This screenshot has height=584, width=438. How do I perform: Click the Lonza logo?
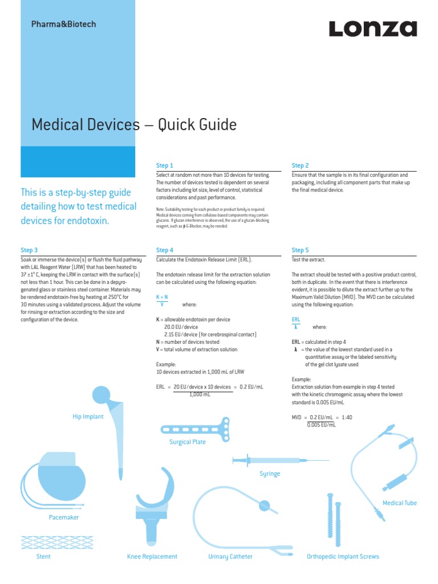coord(372,29)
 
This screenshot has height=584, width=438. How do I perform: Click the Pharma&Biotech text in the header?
coord(63,25)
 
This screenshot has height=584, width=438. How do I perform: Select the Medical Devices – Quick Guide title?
coord(133,124)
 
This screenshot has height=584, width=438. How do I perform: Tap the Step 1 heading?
coord(164,165)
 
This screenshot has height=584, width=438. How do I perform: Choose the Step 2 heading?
coord(300,165)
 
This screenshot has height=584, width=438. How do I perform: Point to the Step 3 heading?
coord(29,250)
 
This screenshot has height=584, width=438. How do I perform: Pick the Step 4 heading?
coord(164,250)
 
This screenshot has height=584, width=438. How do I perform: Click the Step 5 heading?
coord(300,250)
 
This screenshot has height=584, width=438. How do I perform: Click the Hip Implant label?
coord(88,417)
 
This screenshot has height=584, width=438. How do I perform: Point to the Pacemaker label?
coord(64,517)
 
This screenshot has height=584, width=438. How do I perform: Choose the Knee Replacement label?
coord(152,557)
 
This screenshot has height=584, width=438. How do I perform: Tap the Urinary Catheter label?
coord(230,557)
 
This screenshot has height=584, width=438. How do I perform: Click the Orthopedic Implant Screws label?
coord(343,557)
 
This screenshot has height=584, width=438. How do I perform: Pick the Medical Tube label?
coord(399,503)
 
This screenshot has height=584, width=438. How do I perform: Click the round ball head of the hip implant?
coord(101,394)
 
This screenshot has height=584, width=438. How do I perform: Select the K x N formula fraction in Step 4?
coord(162,301)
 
